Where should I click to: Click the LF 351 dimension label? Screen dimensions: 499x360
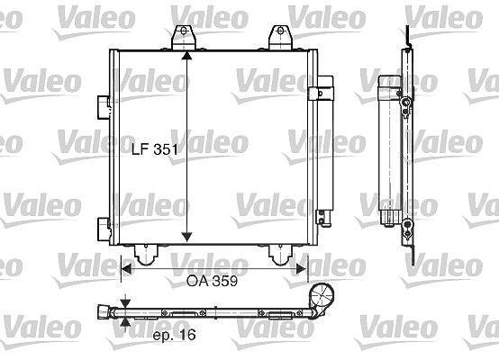(x=155, y=148)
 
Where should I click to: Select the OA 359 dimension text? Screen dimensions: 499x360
(x=212, y=281)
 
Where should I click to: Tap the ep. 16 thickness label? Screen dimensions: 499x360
(x=174, y=335)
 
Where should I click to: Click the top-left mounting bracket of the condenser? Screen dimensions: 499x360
(x=184, y=38)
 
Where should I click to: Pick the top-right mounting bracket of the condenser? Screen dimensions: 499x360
(x=280, y=38)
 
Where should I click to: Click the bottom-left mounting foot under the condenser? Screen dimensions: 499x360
(x=146, y=254)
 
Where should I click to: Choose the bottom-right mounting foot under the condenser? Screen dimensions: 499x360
(x=280, y=254)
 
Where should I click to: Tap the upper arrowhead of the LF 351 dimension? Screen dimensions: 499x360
(x=186, y=55)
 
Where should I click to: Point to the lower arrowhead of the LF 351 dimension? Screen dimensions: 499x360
(x=186, y=237)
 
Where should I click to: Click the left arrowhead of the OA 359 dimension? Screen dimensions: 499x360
(x=127, y=269)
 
